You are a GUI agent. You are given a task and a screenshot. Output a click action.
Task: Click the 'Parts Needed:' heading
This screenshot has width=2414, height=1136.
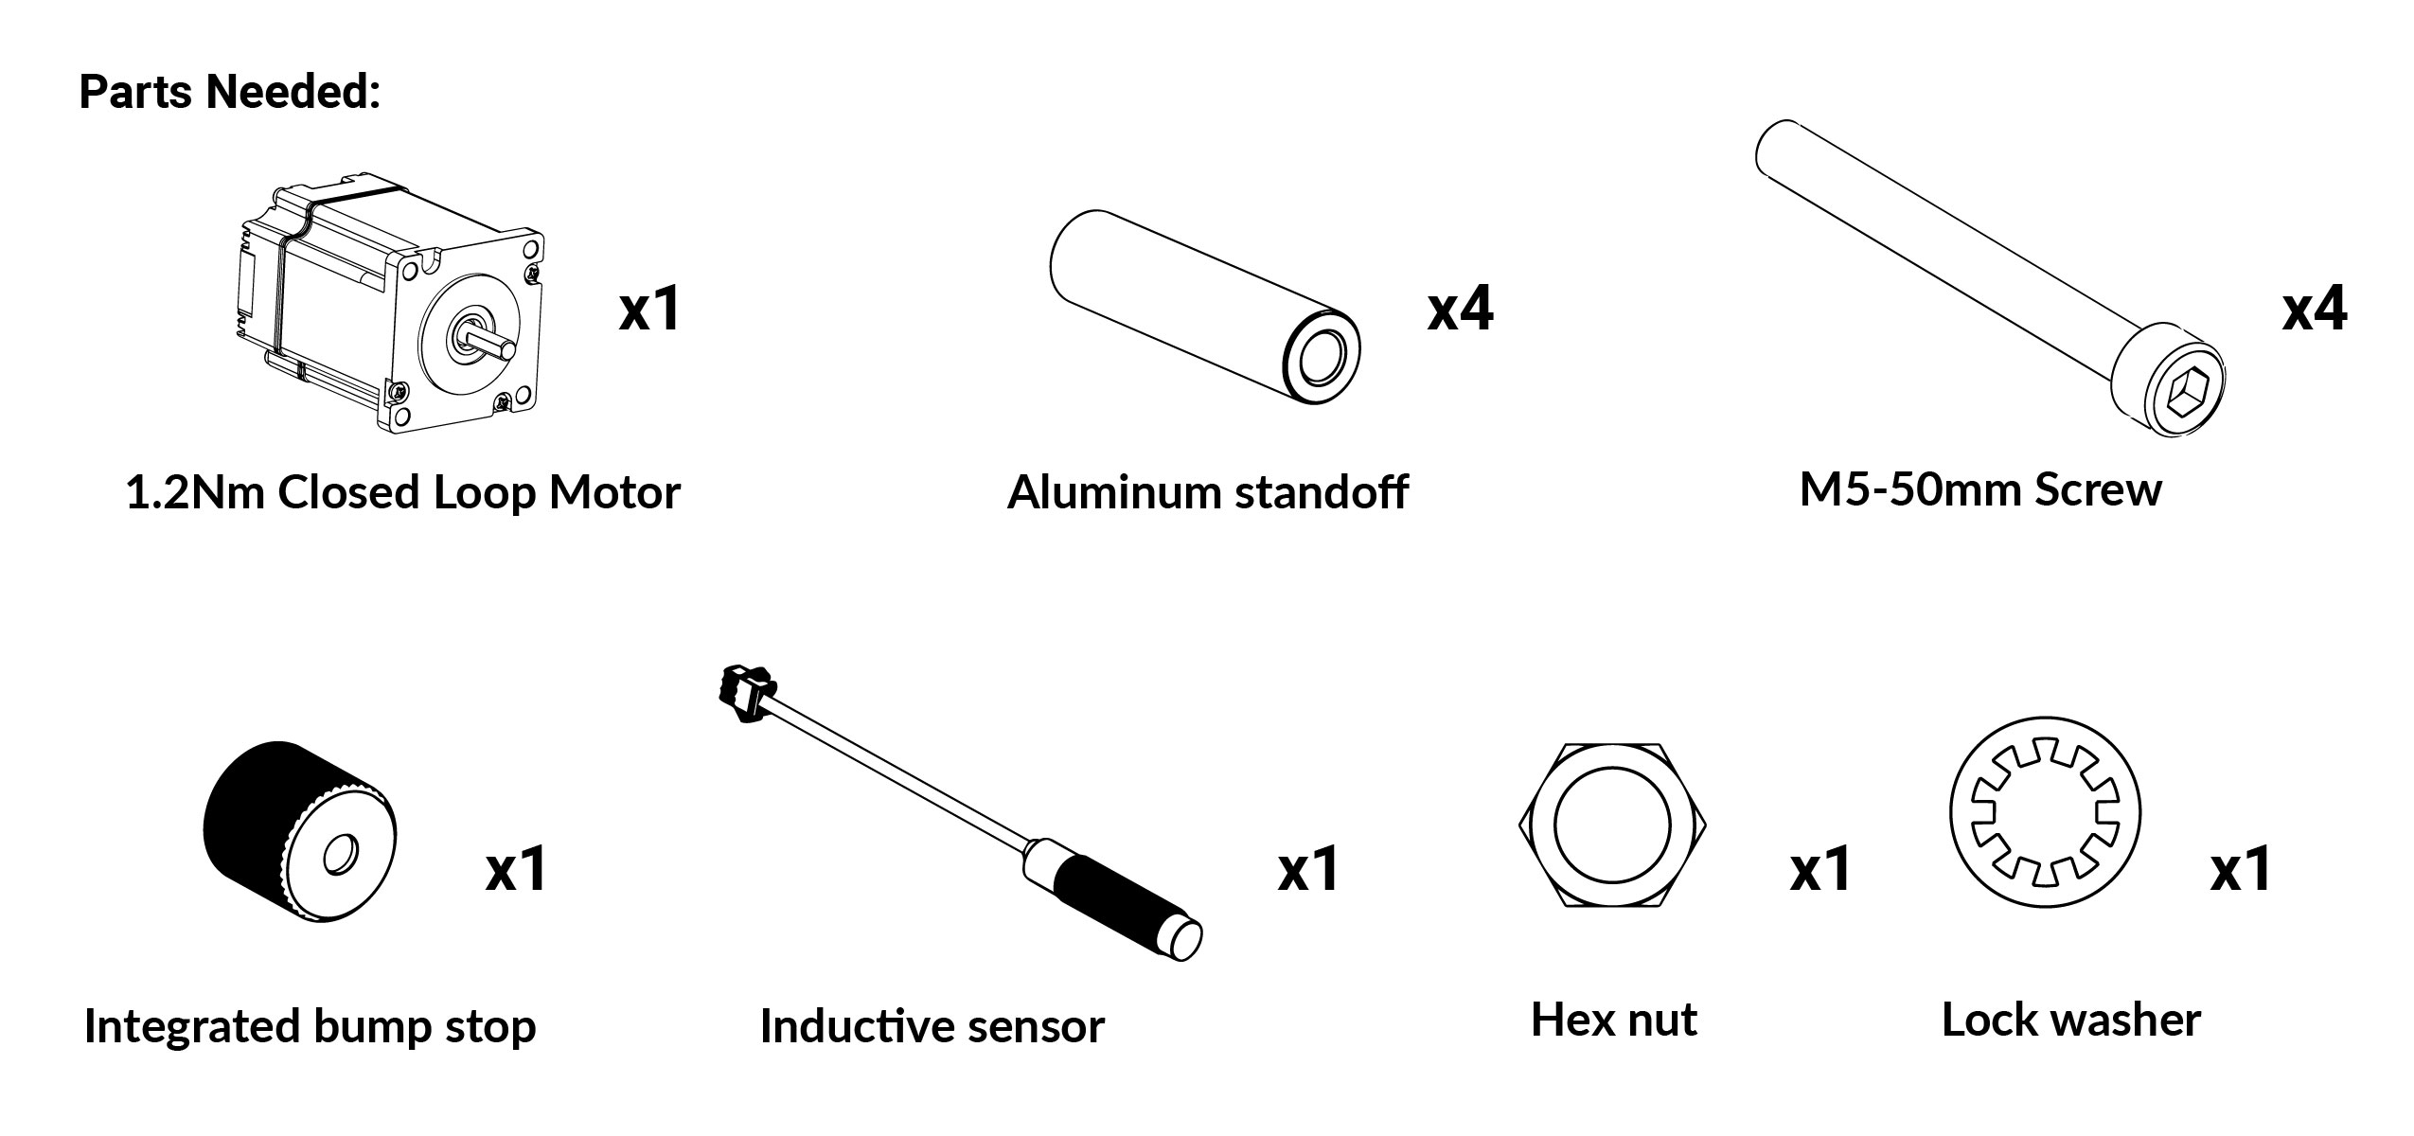click(x=229, y=92)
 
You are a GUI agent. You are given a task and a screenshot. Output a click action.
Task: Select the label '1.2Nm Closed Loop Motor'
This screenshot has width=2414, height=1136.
click(x=402, y=493)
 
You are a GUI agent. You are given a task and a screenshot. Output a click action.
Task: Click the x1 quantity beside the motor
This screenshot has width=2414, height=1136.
click(x=649, y=309)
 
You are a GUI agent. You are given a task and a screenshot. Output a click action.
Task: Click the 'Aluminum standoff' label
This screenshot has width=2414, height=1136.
click(x=1207, y=492)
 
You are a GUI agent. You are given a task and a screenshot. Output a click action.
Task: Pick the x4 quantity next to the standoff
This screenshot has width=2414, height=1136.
click(x=1461, y=309)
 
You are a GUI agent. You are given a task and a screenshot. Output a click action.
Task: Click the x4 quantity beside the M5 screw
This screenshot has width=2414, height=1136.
click(x=2315, y=309)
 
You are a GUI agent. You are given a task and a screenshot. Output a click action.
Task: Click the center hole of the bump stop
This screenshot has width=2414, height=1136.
click(x=338, y=855)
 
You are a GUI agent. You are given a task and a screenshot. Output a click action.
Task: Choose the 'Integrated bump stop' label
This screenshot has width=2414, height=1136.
click(x=310, y=1027)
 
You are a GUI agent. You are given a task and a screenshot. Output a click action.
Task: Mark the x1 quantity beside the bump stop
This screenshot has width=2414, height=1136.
click(x=516, y=869)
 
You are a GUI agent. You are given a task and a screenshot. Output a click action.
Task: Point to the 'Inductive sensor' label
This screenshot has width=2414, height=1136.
click(x=932, y=1026)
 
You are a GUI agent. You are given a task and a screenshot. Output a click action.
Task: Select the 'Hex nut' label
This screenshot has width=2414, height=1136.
click(x=1614, y=1020)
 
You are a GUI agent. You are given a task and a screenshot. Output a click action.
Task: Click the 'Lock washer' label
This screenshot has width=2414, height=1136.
click(x=2071, y=1021)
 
